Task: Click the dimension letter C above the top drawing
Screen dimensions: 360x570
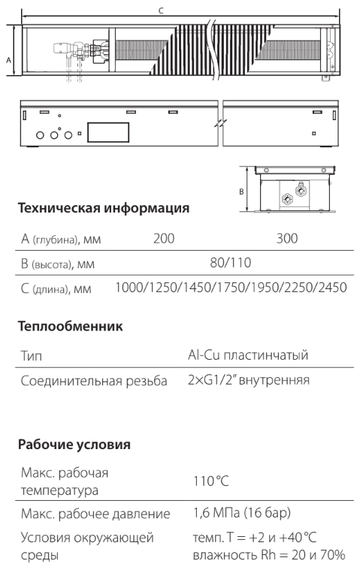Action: point(161,11)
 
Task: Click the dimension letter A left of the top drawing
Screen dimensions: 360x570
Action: point(9,60)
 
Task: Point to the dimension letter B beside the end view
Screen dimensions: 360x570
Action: point(241,192)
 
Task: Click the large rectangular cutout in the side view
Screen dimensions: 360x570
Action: point(108,132)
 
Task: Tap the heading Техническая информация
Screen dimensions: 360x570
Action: point(104,208)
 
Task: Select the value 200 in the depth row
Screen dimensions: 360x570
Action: point(164,239)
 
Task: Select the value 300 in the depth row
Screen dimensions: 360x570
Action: point(287,239)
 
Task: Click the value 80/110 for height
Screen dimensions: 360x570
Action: point(231,262)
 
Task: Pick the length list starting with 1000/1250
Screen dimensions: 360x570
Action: point(231,288)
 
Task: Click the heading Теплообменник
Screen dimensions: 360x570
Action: point(71,326)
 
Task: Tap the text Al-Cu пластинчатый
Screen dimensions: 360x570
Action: point(248,354)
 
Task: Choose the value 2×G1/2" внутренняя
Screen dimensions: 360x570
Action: point(249,380)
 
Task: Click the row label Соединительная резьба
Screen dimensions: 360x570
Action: point(94,381)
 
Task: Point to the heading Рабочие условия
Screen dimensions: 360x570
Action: point(74,445)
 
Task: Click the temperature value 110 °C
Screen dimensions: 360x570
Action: point(211,481)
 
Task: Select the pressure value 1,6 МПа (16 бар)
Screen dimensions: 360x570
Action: point(242,513)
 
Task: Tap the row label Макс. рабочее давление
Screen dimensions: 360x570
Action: point(95,514)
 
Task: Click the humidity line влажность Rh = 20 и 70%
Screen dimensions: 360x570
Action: point(269,555)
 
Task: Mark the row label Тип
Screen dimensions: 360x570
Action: point(32,355)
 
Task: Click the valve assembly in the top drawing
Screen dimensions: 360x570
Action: point(80,50)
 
